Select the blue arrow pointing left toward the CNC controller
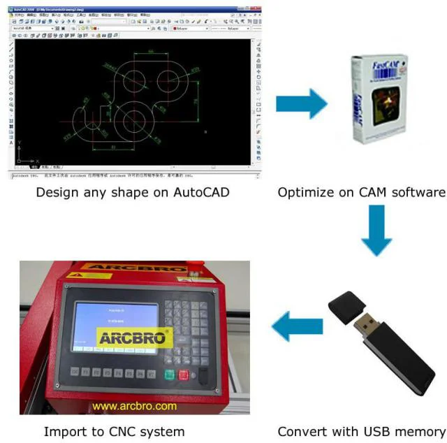click(x=297, y=326)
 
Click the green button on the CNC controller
click(x=170, y=374)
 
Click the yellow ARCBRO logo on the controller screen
click(x=134, y=338)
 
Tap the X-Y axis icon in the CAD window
click(x=22, y=153)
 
